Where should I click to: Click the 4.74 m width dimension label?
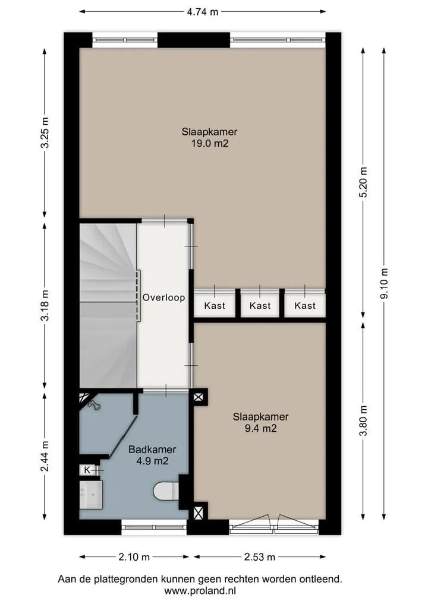coord(203,12)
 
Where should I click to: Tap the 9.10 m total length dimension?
coord(384,283)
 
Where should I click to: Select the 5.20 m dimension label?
coord(363,182)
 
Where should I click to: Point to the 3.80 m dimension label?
coord(363,420)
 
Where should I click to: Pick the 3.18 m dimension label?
coord(45,305)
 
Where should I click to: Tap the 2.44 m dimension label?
coord(45,456)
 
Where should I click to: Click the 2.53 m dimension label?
coord(260,557)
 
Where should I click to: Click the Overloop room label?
coord(164,298)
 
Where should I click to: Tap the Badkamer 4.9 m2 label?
coord(152,455)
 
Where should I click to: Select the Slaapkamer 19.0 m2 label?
coord(209,138)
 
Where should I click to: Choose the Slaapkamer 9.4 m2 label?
coord(260,422)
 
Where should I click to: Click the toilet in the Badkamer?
coord(166,491)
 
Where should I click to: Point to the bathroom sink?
coord(91,494)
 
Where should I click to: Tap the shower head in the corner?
coord(94,405)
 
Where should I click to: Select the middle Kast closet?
coord(260,305)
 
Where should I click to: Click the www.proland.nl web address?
coord(200,590)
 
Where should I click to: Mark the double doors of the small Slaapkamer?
coord(274,523)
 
